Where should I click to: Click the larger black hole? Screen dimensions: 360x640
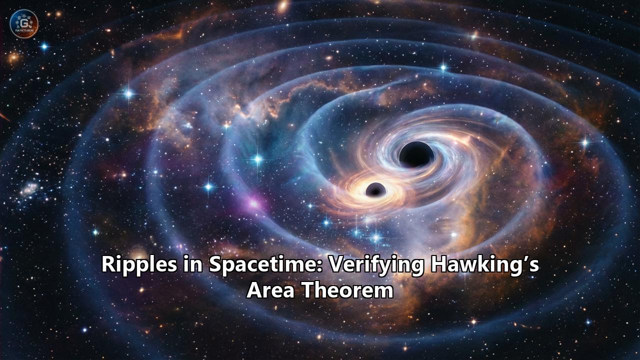pos(416,154)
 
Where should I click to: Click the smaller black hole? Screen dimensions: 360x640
pos(375,190)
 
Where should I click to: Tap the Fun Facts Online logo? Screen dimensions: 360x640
pos(23,23)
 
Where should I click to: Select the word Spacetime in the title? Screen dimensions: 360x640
pos(264,264)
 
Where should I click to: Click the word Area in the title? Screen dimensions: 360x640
pos(272,290)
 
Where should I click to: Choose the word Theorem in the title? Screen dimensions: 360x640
pos(348,290)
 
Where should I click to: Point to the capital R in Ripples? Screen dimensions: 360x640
pos(108,264)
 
